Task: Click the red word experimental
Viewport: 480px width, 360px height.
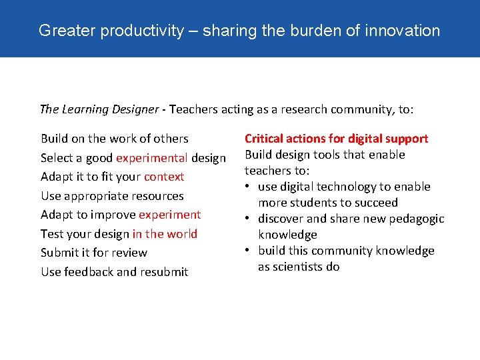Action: point(152,158)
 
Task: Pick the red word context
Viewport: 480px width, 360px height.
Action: point(164,177)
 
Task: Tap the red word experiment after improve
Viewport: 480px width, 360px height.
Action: point(169,215)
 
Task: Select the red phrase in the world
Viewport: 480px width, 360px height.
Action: point(165,234)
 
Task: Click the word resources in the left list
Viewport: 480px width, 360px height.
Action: point(156,196)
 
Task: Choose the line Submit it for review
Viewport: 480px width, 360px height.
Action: point(94,253)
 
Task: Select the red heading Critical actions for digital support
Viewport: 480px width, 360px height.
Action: point(336,139)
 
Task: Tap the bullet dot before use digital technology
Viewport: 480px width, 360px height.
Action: point(248,187)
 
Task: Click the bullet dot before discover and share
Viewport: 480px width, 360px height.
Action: point(248,219)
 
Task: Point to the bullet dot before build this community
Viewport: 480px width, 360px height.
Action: point(248,251)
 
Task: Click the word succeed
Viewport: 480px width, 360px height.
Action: point(375,203)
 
